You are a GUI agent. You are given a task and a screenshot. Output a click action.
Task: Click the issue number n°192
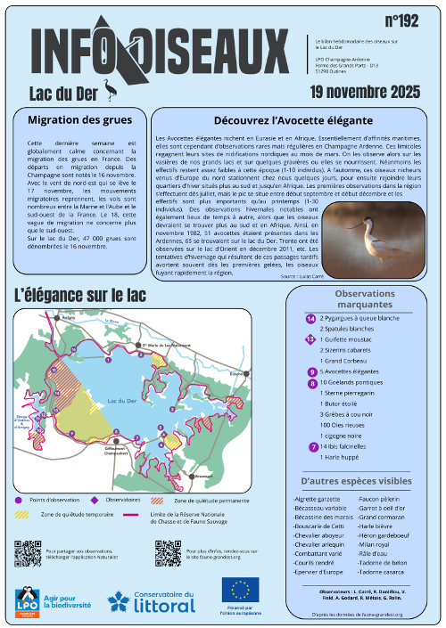tap(402, 20)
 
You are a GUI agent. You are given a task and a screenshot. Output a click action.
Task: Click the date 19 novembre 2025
tap(364, 91)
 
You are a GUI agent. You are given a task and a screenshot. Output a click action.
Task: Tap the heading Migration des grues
tap(80, 120)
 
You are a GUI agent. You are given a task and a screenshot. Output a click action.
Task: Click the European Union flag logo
tap(240, 588)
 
